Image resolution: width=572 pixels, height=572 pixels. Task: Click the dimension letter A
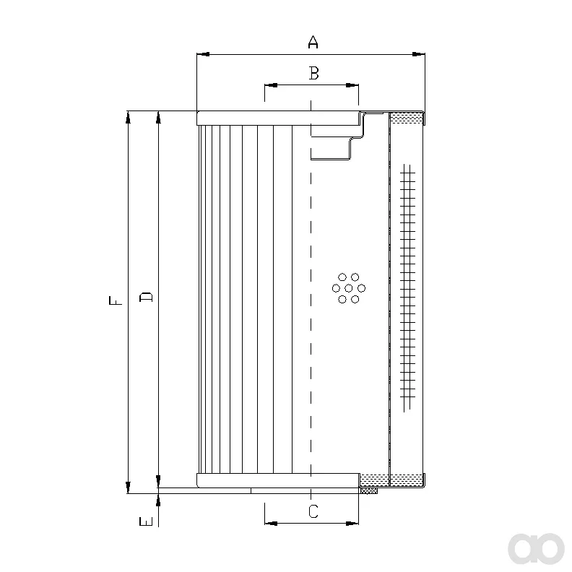click(313, 42)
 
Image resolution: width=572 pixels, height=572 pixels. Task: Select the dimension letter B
click(313, 73)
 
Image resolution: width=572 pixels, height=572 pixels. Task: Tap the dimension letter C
click(313, 511)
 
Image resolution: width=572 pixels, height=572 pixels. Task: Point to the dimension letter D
click(147, 298)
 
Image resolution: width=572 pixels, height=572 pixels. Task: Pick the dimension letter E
click(147, 521)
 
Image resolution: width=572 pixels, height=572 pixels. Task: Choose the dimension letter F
click(116, 300)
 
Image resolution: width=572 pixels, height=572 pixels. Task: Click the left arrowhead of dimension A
click(203, 54)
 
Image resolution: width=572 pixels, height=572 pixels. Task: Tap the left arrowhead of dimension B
click(271, 85)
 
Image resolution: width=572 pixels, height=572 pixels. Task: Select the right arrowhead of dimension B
click(352, 85)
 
